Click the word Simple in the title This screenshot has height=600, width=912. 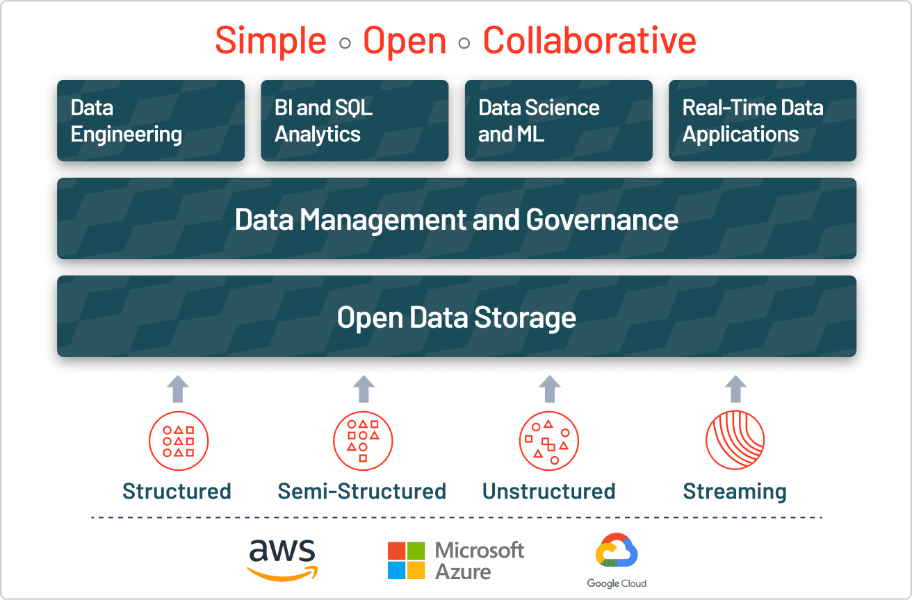[x=270, y=40]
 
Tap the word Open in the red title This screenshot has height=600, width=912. [x=405, y=40]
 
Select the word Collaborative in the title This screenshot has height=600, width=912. [x=589, y=40]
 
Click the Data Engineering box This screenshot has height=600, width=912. [x=151, y=121]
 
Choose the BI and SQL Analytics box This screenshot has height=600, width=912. [x=355, y=121]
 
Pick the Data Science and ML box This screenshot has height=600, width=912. [x=558, y=121]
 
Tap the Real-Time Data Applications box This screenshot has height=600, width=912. [x=763, y=121]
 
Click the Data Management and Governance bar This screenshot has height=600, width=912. [x=456, y=219]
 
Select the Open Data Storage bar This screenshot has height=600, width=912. [x=456, y=317]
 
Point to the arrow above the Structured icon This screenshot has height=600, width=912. [x=179, y=389]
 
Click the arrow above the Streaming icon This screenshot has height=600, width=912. [x=735, y=389]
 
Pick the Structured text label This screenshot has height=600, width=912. [x=177, y=491]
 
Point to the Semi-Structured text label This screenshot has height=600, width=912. [x=362, y=491]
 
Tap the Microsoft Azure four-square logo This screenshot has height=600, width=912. [x=406, y=561]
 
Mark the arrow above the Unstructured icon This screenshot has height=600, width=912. [x=550, y=389]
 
